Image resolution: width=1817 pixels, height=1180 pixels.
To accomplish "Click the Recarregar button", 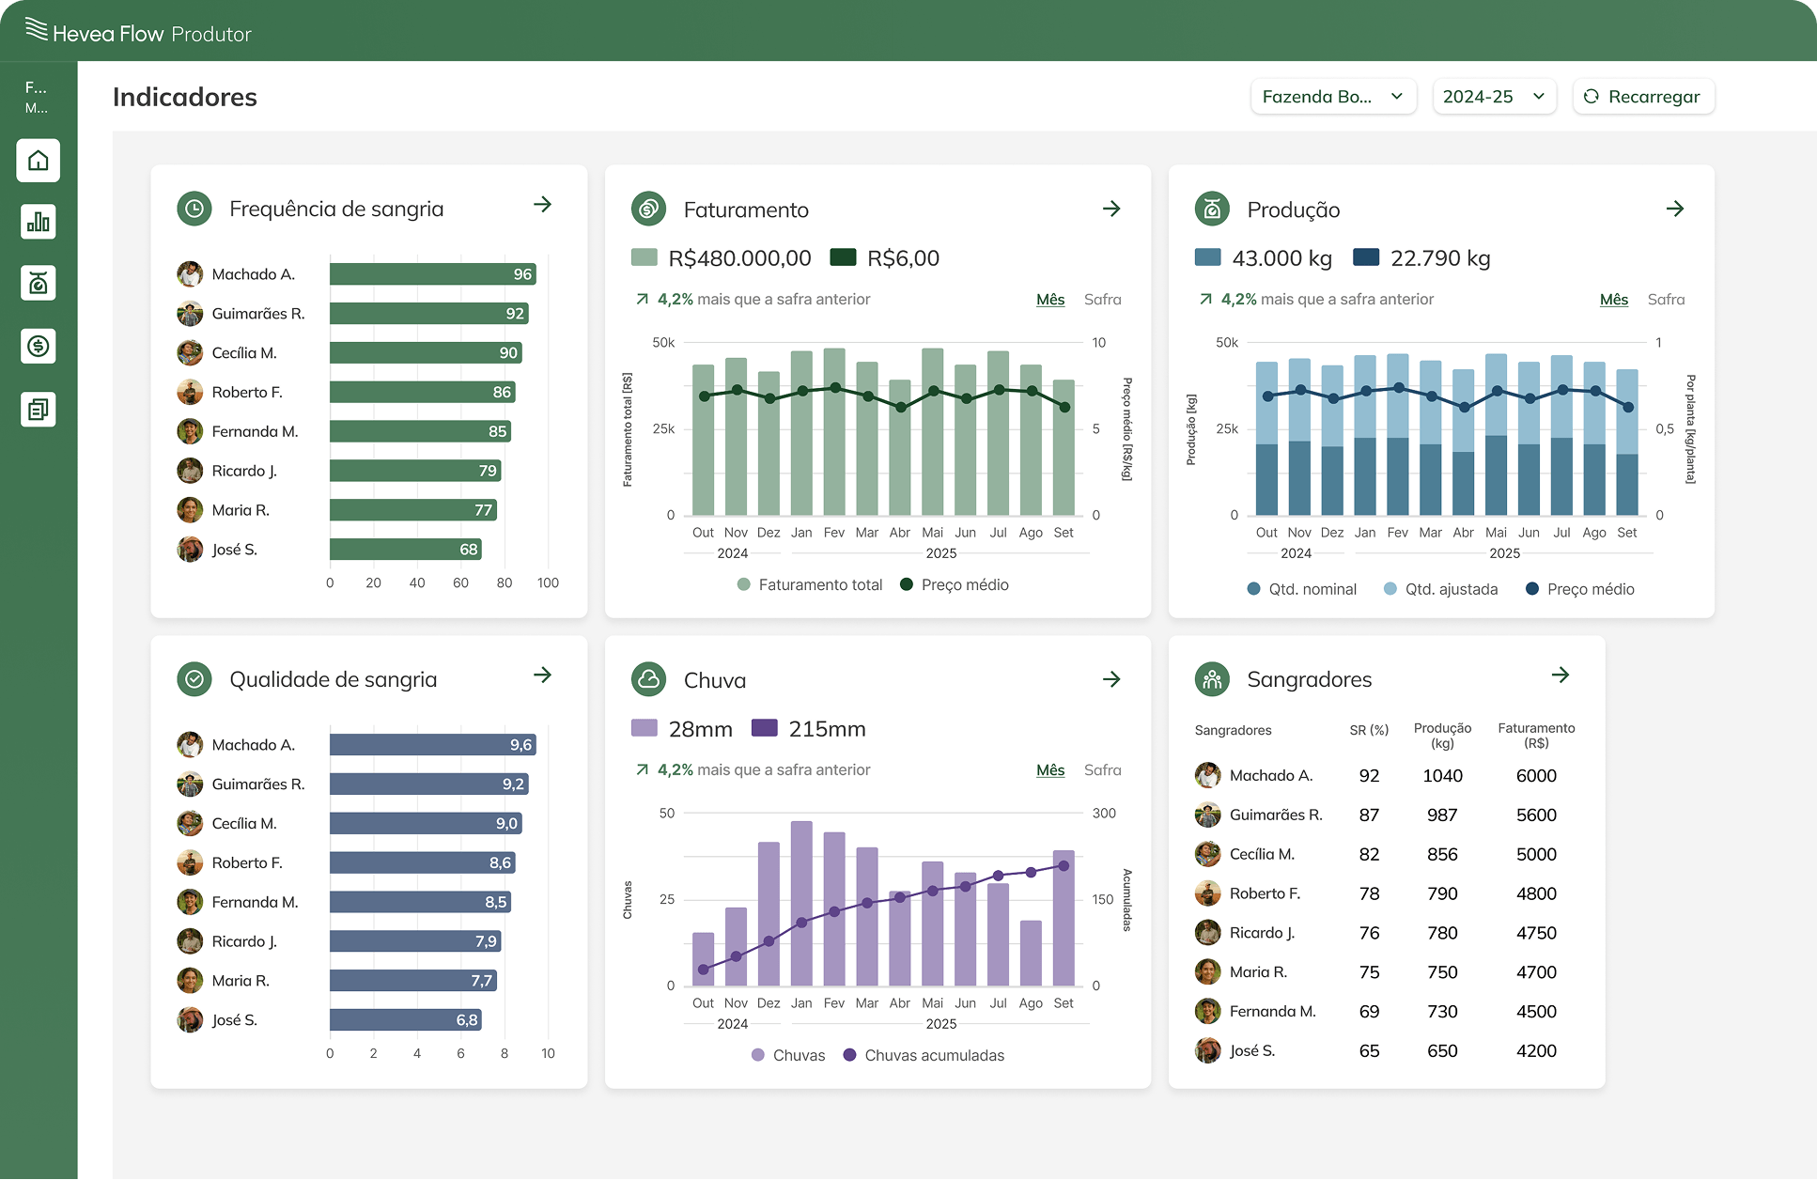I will click(x=1642, y=97).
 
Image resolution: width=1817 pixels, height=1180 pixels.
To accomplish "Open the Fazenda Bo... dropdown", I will click(x=1332, y=97).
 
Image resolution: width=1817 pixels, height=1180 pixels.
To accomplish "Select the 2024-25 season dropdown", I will click(x=1494, y=97).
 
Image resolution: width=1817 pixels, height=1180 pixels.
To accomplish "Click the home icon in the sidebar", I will click(x=39, y=161).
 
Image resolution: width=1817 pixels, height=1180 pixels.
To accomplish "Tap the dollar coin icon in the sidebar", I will click(x=39, y=346).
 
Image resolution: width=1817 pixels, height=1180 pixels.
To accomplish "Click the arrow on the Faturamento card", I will click(x=1111, y=209).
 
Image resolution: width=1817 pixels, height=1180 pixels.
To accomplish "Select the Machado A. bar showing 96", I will click(x=432, y=274).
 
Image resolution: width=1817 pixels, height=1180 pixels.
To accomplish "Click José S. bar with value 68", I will click(x=405, y=550).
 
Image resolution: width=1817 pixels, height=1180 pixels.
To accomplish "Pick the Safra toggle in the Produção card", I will click(x=1666, y=300).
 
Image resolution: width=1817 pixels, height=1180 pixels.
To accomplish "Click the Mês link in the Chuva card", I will click(x=1050, y=770).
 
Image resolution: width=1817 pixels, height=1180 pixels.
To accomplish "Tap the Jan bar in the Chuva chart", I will click(x=801, y=902).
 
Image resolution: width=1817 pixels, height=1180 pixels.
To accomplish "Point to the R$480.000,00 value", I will click(x=739, y=258).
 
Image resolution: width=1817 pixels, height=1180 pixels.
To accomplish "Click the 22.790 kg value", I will click(x=1440, y=258).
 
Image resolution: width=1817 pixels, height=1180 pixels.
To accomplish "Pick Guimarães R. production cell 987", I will click(x=1442, y=815).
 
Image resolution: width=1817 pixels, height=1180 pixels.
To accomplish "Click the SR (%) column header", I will click(x=1369, y=730).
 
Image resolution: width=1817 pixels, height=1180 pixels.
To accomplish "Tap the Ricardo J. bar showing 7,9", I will click(x=414, y=941).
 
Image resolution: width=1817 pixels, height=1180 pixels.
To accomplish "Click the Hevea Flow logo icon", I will click(x=37, y=30).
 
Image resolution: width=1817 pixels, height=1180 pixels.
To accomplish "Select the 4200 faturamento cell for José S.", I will click(x=1536, y=1051).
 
